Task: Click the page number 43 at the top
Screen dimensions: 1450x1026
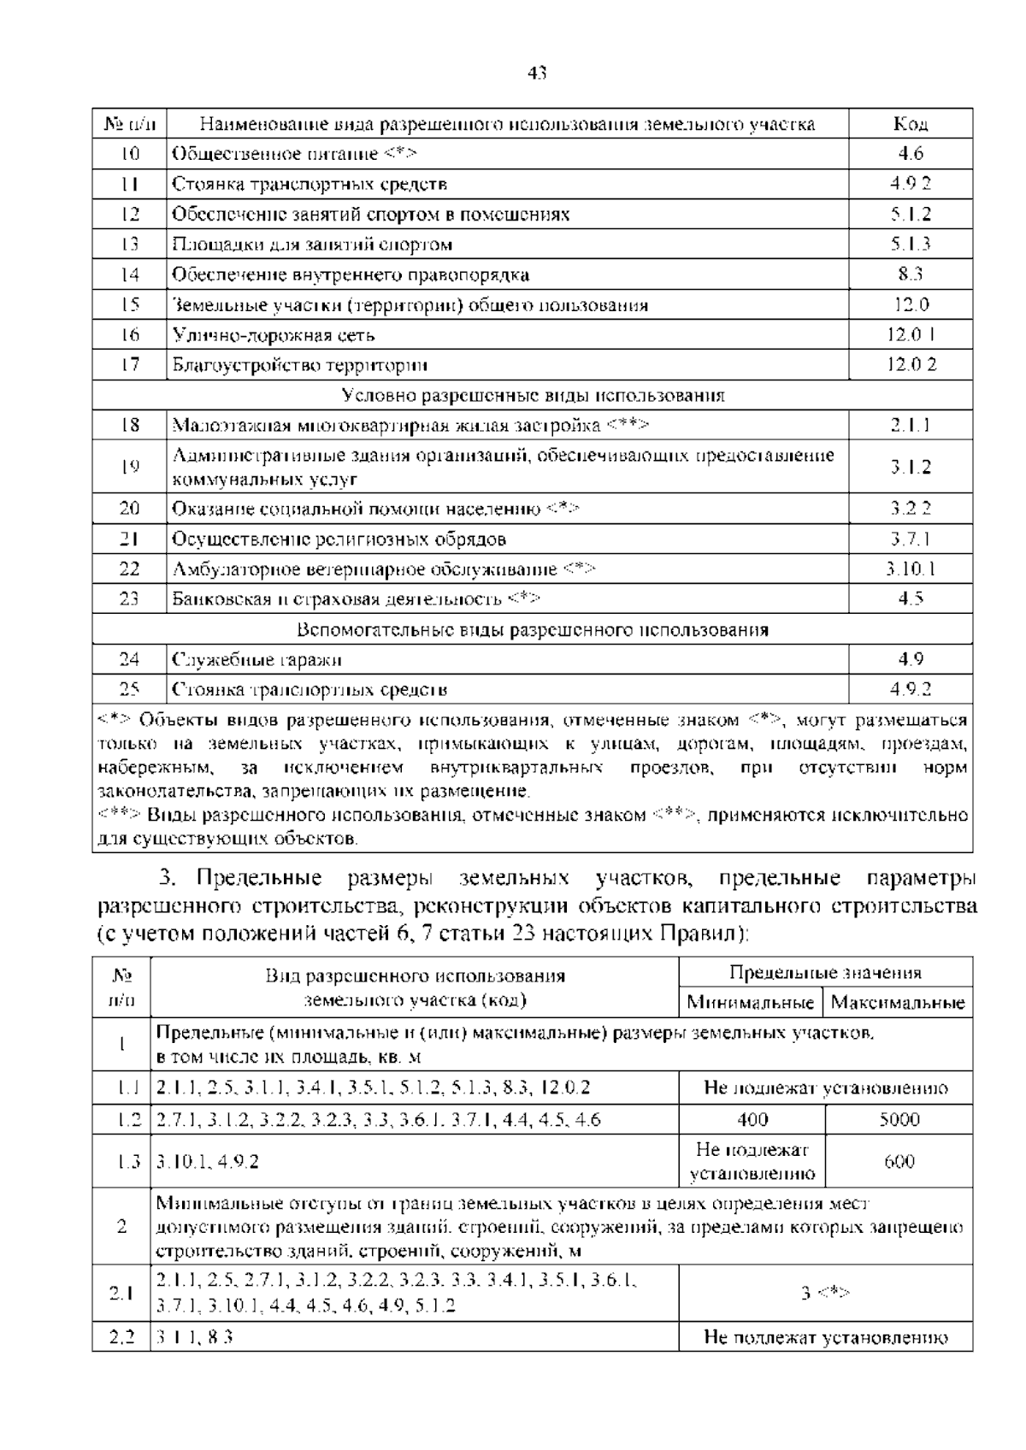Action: pyautogui.click(x=537, y=74)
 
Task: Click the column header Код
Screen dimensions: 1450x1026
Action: pyautogui.click(x=911, y=124)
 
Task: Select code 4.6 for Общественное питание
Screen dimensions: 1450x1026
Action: pyautogui.click(x=911, y=154)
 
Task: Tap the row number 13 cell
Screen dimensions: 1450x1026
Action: pyautogui.click(x=129, y=245)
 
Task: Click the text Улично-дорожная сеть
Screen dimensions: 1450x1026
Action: pyautogui.click(x=274, y=335)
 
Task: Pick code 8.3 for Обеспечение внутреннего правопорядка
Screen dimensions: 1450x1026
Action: pyautogui.click(x=911, y=274)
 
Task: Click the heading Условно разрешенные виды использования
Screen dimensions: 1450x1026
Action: pyautogui.click(x=533, y=395)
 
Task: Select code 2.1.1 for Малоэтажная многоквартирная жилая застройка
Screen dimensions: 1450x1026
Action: pyautogui.click(x=911, y=425)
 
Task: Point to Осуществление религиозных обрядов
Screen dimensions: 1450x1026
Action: pyautogui.click(x=339, y=539)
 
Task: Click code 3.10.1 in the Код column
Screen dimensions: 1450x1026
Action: pyautogui.click(x=911, y=569)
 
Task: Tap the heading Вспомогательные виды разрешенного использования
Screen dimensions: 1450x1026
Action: pyautogui.click(x=533, y=629)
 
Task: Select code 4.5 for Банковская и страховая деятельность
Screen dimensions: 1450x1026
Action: pyautogui.click(x=911, y=599)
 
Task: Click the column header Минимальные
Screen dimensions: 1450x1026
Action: pyautogui.click(x=751, y=1002)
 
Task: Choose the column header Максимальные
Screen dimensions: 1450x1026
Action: pyautogui.click(x=898, y=1002)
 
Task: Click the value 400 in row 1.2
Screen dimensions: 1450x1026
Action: pyautogui.click(x=752, y=1119)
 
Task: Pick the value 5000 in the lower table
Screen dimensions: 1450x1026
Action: pyautogui.click(x=899, y=1119)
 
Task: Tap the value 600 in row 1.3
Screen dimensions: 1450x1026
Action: pyautogui.click(x=899, y=1162)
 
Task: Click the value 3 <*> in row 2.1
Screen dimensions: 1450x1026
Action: pyautogui.click(x=825, y=1293)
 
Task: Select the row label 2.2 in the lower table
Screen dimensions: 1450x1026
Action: pyautogui.click(x=122, y=1337)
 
